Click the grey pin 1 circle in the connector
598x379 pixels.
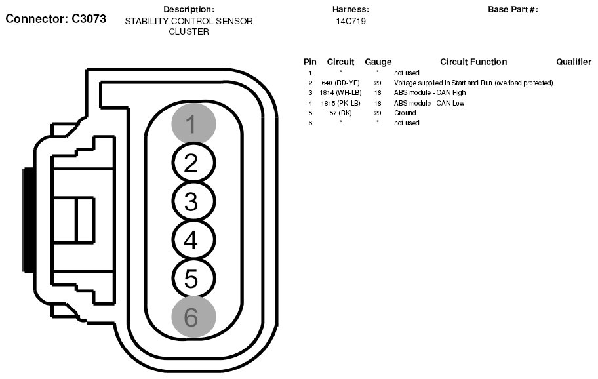click(x=193, y=124)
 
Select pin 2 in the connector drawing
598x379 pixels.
click(x=193, y=163)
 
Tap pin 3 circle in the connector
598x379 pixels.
click(x=193, y=201)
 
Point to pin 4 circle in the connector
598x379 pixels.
click(x=193, y=240)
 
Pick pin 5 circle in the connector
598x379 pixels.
click(x=193, y=278)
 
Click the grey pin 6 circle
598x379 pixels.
click(x=193, y=317)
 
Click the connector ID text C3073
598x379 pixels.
click(x=89, y=18)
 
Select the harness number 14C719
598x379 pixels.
click(x=351, y=22)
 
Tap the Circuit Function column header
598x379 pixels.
click(x=473, y=62)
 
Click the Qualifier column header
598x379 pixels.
click(x=574, y=62)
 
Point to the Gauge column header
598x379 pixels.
click(x=378, y=62)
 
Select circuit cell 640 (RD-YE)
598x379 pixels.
click(x=340, y=83)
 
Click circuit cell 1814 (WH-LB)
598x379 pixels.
click(x=340, y=92)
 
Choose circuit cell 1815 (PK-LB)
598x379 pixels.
click(x=340, y=103)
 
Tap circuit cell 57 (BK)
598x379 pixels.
click(x=340, y=113)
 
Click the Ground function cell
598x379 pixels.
click(x=405, y=113)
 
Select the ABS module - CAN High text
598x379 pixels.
click(x=430, y=92)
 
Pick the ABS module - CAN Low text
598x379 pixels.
click(x=429, y=103)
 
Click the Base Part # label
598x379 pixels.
click(x=513, y=10)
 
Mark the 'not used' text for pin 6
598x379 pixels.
click(x=407, y=123)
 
